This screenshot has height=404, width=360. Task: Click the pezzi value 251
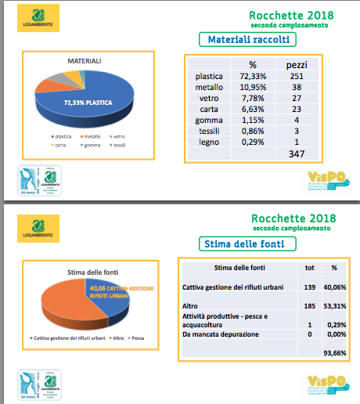(x=296, y=77)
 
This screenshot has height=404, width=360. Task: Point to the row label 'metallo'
(x=207, y=88)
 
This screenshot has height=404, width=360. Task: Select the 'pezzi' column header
(x=296, y=64)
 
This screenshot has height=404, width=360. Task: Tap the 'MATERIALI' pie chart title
(x=85, y=60)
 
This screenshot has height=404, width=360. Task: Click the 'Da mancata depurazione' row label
(x=225, y=334)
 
